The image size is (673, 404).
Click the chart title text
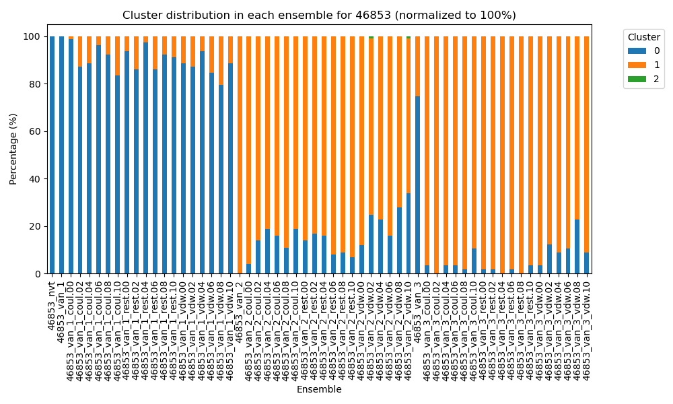click(319, 15)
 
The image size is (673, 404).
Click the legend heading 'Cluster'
click(643, 37)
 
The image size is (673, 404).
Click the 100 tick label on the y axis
click(32, 37)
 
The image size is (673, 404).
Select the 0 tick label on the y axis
click(38, 274)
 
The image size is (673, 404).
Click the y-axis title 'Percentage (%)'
click(13, 156)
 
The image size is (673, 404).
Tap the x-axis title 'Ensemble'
click(319, 389)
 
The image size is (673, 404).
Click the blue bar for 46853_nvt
click(52, 155)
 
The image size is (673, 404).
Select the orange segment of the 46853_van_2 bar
click(240, 155)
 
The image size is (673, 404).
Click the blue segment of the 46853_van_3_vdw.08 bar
click(577, 246)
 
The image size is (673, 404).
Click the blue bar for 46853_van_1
click(62, 155)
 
